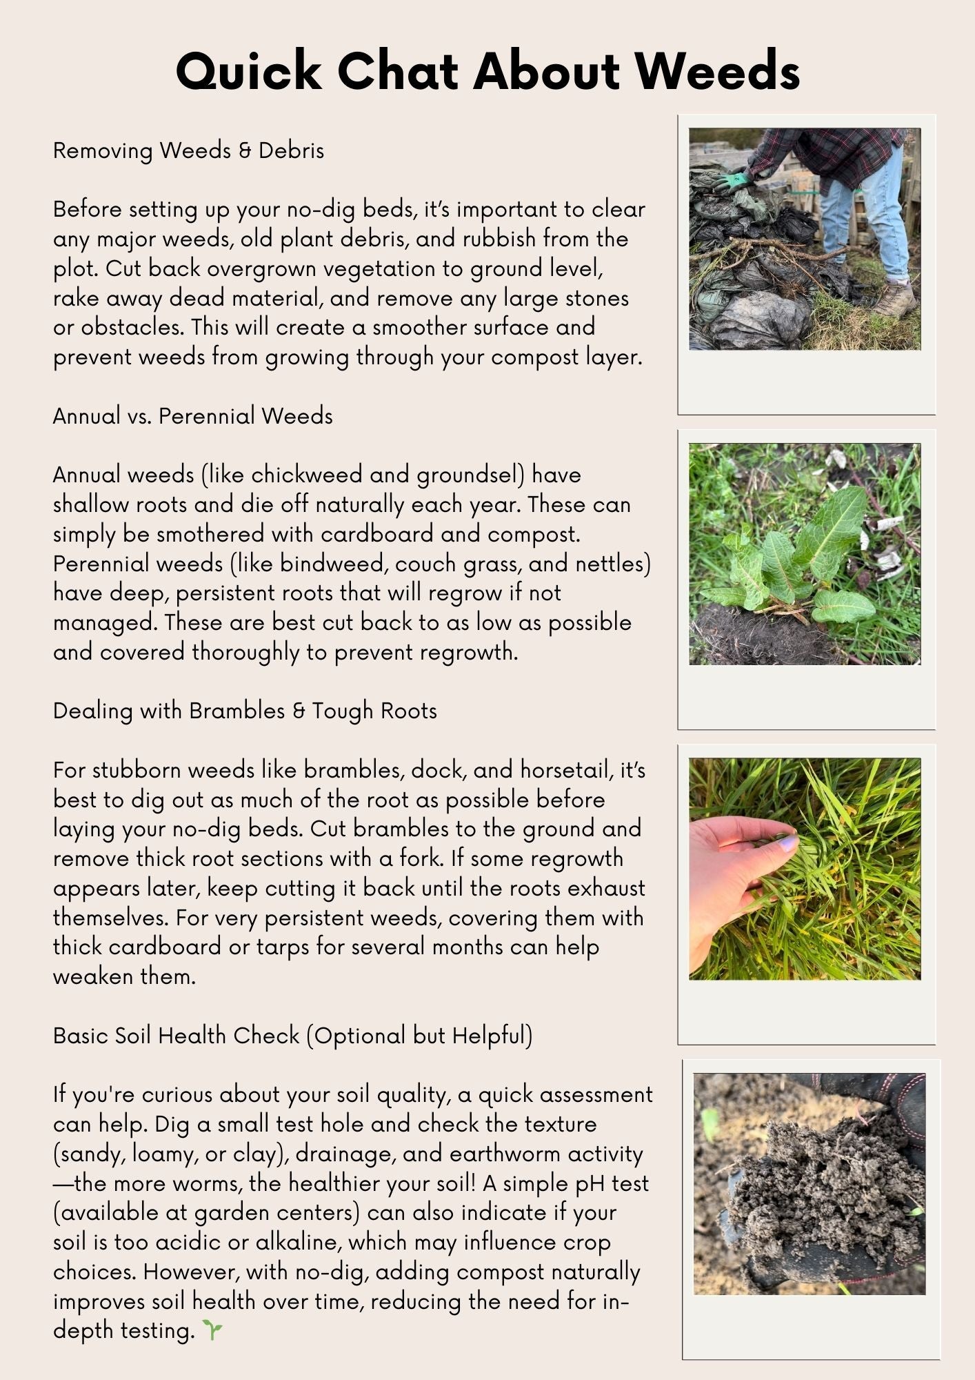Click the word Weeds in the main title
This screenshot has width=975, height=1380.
tap(717, 70)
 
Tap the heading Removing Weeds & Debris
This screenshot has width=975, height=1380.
tap(188, 150)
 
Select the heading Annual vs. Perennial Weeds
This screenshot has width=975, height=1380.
tap(192, 416)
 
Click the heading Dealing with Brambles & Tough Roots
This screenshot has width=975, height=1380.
tap(245, 711)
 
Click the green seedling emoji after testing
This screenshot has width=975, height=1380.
tap(212, 1330)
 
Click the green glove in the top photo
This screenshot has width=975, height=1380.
tap(732, 181)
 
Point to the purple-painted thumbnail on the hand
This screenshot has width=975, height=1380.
tap(788, 842)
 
